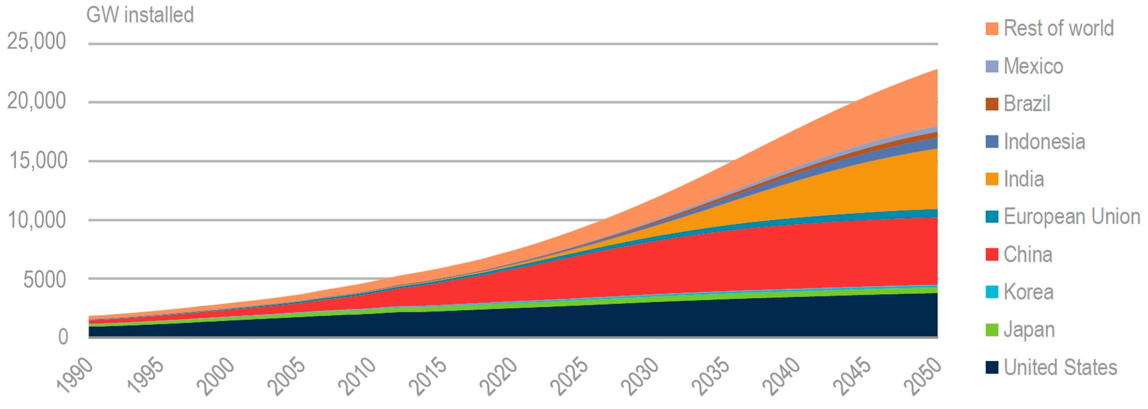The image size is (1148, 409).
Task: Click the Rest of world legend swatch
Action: (991, 29)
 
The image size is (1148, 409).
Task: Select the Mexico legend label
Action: (1033, 66)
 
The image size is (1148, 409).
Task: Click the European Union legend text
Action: (1071, 217)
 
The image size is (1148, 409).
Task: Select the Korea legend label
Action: (1028, 292)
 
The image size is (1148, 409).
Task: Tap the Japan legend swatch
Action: (991, 330)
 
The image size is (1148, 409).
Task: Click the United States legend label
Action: (1060, 367)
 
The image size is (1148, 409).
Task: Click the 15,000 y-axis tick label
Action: (38, 161)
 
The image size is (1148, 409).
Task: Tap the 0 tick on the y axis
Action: (63, 337)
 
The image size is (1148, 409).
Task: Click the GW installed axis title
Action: (140, 15)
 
